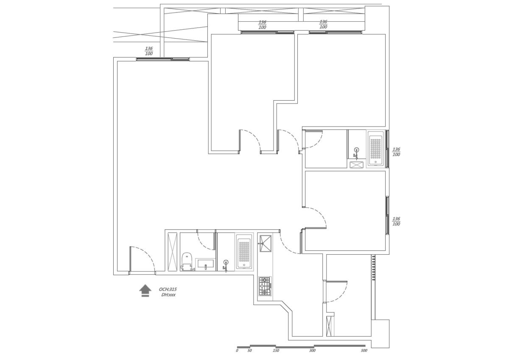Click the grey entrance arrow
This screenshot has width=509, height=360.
[145, 290]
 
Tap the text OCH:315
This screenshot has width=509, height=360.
[168, 289]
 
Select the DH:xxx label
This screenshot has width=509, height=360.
[168, 295]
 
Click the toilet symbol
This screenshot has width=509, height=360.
[187, 262]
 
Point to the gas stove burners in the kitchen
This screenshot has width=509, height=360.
[265, 286]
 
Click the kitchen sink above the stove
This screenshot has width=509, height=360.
[266, 244]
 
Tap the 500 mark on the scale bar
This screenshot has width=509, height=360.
[364, 351]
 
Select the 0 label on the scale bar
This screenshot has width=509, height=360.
[237, 351]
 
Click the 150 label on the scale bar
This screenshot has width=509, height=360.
[276, 351]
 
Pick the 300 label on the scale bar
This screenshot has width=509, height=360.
[312, 351]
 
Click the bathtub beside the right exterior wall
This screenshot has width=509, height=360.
[375, 149]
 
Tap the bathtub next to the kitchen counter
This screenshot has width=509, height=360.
[244, 251]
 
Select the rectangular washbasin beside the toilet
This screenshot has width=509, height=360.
[205, 264]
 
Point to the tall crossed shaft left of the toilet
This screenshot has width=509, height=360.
[173, 252]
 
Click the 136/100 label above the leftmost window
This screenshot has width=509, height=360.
[149, 51]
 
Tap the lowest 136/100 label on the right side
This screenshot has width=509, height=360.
[396, 221]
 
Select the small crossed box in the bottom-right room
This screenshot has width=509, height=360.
[329, 326]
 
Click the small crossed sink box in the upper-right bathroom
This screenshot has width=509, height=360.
[357, 165]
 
